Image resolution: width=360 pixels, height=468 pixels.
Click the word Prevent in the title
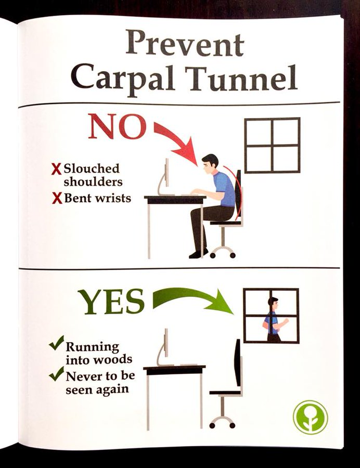(185, 45)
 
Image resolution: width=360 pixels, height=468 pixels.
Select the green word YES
(111, 301)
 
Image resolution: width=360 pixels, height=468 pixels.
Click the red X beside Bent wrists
(57, 198)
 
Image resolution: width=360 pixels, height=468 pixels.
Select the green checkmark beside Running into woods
(57, 343)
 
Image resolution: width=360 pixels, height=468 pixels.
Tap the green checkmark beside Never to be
(57, 373)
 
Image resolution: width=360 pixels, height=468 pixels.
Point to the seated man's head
(210, 164)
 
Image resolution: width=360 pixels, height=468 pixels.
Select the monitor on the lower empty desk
(164, 347)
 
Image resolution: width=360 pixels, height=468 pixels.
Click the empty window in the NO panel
(272, 146)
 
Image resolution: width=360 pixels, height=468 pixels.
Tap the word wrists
(114, 198)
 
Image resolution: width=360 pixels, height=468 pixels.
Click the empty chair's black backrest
(238, 362)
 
